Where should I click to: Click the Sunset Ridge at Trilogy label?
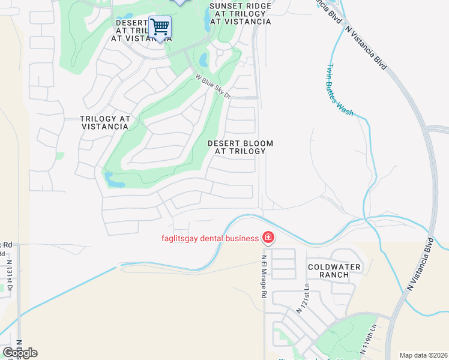240,14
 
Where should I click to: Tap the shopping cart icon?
160,27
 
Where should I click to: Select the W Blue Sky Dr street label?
213,86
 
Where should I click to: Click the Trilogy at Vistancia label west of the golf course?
105,122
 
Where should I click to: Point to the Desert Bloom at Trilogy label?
240,148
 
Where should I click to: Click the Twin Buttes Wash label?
340,90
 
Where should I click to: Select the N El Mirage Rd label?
263,277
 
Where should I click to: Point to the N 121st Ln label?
302,299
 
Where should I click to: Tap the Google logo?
20,353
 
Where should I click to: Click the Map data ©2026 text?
423,355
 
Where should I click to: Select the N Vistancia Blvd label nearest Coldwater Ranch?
420,265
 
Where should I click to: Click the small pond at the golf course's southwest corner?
115,178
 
